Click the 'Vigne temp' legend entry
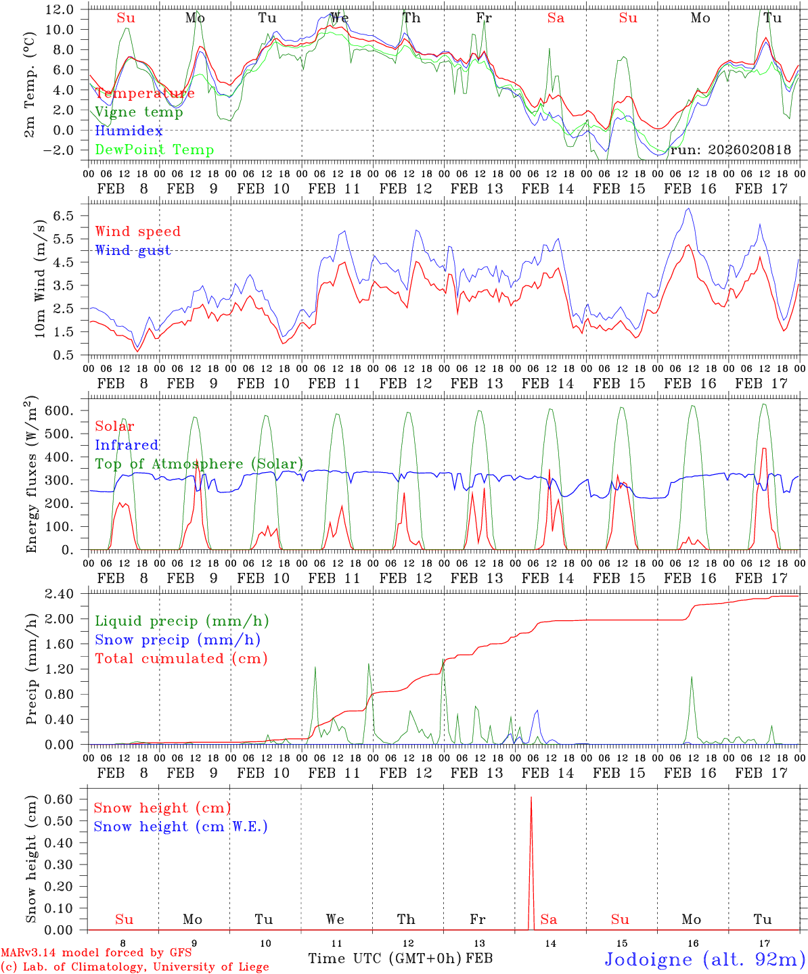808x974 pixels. pos(139,112)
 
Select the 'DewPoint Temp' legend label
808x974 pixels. pos(154,150)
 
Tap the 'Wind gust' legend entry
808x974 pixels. pos(133,250)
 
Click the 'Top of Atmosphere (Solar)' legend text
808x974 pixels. pos(199,464)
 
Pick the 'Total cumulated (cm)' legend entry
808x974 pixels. pos(181,659)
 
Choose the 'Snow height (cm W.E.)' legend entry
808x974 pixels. pos(181,827)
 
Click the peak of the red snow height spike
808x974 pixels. pos(531,798)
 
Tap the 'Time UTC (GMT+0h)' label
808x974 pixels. pos(385,958)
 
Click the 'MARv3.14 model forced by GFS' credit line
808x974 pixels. pos(96,952)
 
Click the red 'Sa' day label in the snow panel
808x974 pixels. pos(549,919)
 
